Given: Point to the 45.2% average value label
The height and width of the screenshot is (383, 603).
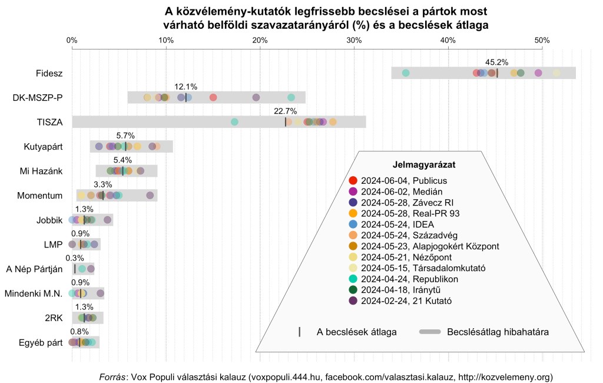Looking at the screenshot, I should [x=496, y=62].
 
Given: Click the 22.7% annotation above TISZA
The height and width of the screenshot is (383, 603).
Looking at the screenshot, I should [x=286, y=111].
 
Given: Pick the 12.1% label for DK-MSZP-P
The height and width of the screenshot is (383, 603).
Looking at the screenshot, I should [x=185, y=87].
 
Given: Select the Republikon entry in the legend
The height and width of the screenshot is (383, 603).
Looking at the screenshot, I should [x=402, y=279].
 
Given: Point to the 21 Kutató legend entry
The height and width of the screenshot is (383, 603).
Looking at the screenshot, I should [x=402, y=301].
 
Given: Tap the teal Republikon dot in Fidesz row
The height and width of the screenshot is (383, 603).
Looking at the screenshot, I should [x=405, y=73].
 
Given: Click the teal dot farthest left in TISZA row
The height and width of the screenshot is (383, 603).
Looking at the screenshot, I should [x=234, y=122].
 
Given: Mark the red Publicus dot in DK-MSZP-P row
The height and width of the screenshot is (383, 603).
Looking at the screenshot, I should [x=213, y=97].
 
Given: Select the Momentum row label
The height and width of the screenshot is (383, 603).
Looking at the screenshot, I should [x=40, y=196].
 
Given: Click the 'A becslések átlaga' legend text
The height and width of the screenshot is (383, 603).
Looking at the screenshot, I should [x=356, y=332].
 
